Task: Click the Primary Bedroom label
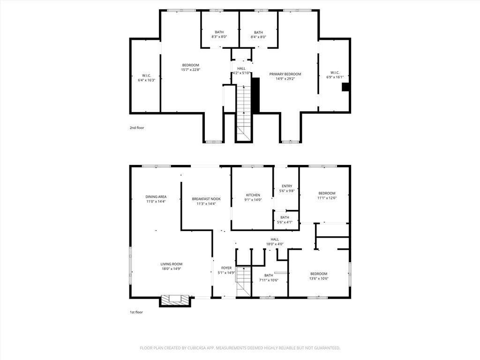285,74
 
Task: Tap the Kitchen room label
253,195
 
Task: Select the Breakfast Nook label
206,199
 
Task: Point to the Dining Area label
156,197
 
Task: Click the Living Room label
172,264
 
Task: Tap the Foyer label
226,268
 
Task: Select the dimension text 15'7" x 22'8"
190,70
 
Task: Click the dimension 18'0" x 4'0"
275,244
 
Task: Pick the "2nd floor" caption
137,127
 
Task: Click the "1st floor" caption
136,312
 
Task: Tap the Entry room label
287,186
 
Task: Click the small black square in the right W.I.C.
345,87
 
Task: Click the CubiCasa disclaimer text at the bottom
240,348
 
